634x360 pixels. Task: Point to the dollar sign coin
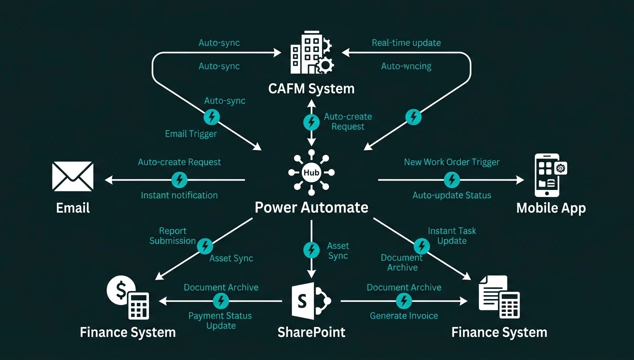[x=120, y=290]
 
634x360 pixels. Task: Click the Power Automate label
[x=311, y=207]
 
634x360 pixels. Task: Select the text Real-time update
[x=406, y=43]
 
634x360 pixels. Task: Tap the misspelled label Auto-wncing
[x=406, y=66]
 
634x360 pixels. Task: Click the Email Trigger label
[x=191, y=134]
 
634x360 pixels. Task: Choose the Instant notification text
[x=179, y=195]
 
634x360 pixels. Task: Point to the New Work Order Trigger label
[x=451, y=162]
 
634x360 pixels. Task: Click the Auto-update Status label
[x=451, y=195]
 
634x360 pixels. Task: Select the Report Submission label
[x=172, y=236]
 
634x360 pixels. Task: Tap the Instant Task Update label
[x=452, y=236]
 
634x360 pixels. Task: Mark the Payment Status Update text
[x=220, y=321]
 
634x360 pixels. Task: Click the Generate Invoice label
[x=403, y=316]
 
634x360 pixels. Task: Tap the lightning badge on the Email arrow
[x=179, y=179]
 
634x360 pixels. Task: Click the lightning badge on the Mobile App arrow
[x=451, y=179]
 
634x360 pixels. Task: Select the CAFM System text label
[x=311, y=89]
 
